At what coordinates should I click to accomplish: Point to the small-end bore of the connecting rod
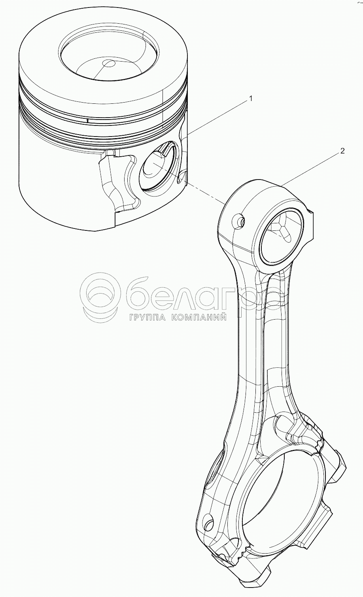tap(281, 237)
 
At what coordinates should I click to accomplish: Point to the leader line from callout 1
tap(217, 118)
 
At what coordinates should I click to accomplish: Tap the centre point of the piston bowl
tap(108, 63)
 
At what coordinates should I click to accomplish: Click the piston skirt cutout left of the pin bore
tap(119, 182)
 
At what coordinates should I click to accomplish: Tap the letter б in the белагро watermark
tap(142, 294)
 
